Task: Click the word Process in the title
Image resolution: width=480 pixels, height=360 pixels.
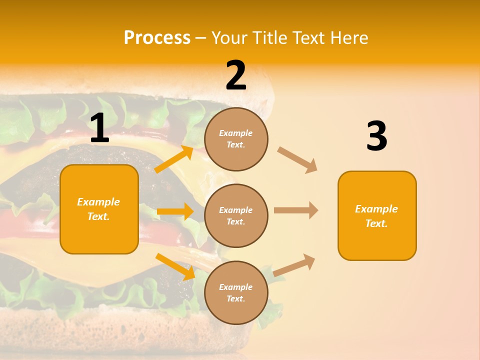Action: (157, 38)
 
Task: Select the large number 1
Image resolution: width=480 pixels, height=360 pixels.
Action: (99, 129)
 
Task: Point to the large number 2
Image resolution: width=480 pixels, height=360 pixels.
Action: (236, 76)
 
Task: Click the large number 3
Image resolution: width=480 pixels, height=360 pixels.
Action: (376, 137)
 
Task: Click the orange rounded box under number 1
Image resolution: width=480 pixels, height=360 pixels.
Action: (99, 209)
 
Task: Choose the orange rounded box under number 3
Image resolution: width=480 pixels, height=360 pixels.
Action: (377, 215)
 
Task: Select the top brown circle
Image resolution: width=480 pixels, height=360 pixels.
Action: (236, 139)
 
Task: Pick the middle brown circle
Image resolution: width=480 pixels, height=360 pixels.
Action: (236, 215)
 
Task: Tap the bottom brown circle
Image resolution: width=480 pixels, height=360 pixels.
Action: (236, 292)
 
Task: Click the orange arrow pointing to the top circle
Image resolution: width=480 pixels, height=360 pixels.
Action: (174, 159)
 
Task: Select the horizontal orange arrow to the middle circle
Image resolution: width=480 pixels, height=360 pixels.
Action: (175, 211)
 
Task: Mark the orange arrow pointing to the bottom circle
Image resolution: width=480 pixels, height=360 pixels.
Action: (175, 266)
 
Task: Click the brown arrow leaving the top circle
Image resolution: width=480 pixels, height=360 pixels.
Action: (297, 159)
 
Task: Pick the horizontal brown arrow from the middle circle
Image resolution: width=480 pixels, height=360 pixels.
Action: (296, 210)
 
